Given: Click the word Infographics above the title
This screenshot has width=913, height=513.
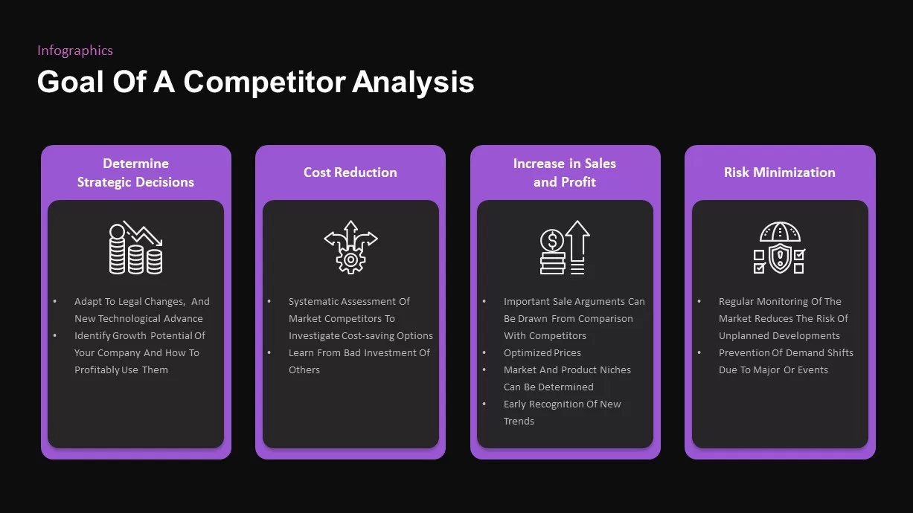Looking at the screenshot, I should [75, 51].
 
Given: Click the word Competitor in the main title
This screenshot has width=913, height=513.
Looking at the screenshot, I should [265, 82].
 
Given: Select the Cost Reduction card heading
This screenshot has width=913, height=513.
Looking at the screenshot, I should [350, 172].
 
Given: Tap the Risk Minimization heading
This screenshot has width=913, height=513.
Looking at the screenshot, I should [779, 172].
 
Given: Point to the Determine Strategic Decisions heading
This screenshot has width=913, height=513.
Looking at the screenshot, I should [135, 172].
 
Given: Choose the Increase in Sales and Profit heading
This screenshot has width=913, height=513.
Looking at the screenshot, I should [565, 172].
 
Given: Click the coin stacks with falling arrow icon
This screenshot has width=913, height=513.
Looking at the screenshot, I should [135, 248].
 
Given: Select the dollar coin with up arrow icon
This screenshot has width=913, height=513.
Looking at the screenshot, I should [565, 248].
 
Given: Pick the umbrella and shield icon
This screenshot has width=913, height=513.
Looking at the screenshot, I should [779, 248].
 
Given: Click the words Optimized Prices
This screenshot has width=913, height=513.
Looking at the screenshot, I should [542, 353].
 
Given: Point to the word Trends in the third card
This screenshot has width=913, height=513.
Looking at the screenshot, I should [519, 422].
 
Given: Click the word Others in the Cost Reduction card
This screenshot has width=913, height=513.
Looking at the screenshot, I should [304, 370].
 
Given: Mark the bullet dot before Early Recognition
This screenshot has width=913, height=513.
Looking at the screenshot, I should [484, 404].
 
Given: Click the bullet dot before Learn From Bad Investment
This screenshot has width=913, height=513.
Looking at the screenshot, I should [269, 352].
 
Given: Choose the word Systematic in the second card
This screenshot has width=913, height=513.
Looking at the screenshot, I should [313, 302].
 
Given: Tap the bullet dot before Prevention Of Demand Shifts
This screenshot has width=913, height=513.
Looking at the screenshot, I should [699, 352].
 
